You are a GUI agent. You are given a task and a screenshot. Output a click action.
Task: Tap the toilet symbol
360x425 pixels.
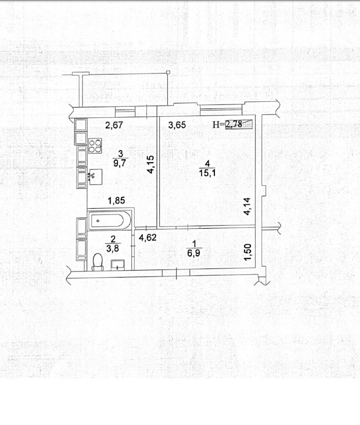98,262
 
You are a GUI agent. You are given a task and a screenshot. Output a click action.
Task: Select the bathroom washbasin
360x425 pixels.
118,264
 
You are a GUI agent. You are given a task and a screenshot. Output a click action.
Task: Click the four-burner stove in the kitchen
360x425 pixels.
95,145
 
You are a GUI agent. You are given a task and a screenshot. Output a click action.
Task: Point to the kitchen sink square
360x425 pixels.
95,177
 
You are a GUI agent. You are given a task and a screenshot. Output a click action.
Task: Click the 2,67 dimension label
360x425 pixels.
114,125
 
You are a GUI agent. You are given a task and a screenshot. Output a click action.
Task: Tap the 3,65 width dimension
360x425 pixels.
177,125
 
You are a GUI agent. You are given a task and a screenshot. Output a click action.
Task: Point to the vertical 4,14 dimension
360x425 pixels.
247,206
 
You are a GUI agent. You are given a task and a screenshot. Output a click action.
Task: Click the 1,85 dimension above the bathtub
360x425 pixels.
116,201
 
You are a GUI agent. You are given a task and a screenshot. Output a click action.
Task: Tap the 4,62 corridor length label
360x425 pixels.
147,238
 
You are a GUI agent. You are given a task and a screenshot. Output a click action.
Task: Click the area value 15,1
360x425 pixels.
207,173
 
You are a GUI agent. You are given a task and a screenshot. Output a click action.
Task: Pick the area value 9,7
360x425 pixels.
120,163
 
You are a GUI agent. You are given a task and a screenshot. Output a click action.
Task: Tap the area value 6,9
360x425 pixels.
194,253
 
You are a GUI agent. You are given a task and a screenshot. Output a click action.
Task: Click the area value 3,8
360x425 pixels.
112,248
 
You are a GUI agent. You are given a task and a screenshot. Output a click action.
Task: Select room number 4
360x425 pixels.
207,163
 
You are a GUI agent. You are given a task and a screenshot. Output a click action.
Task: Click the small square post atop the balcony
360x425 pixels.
168,72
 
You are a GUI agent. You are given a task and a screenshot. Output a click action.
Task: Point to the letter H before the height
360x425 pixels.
216,125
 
